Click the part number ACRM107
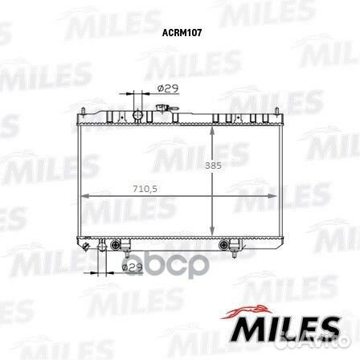[x=182, y=33]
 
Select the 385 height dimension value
[x=213, y=166]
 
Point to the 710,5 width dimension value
[x=145, y=189]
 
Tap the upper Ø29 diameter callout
[x=168, y=88]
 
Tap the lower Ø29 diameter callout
[x=132, y=267]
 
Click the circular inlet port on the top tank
[x=138, y=115]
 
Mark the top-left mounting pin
[x=84, y=111]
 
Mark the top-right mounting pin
[x=276, y=111]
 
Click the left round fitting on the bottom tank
[x=116, y=244]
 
